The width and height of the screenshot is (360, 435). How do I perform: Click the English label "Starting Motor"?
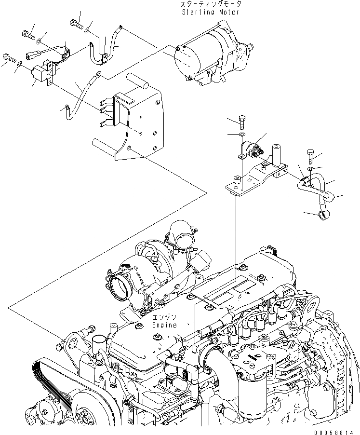(x=210, y=12)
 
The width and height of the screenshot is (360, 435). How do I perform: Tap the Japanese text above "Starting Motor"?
(x=210, y=4)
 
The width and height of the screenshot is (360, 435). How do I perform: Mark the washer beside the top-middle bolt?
(x=86, y=30)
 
